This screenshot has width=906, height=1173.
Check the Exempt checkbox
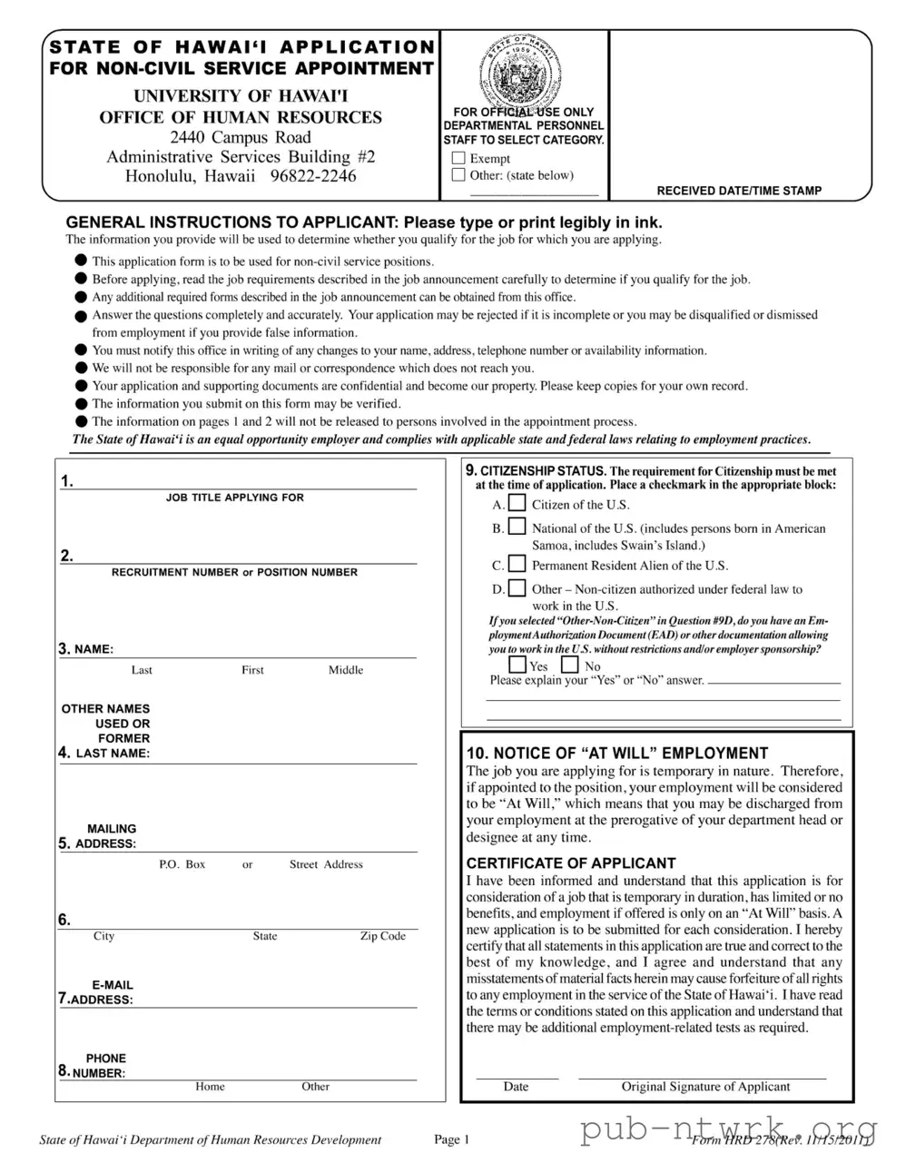[x=458, y=158]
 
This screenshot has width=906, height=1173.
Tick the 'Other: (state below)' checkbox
[x=458, y=175]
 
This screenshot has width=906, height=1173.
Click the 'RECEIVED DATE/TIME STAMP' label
[x=739, y=191]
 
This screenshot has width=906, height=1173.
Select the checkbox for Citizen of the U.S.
[x=517, y=503]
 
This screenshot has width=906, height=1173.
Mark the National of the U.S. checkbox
[x=517, y=527]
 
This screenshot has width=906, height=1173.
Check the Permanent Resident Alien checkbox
[x=517, y=564]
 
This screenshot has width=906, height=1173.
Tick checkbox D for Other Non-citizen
[x=517, y=587]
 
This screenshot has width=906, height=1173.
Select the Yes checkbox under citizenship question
[x=517, y=665]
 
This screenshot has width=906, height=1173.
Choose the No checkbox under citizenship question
[x=570, y=665]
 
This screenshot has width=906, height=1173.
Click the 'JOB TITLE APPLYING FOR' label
[x=234, y=498]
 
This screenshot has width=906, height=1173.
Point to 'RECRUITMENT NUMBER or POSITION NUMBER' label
[x=234, y=572]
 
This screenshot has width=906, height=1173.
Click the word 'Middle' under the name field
[x=345, y=670]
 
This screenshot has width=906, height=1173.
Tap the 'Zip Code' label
[x=382, y=936]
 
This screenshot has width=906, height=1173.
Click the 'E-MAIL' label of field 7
[x=112, y=985]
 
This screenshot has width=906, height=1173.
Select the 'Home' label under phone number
[x=210, y=1087]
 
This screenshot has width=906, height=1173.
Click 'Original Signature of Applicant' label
[x=704, y=1087]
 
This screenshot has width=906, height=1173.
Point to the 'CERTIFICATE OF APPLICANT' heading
[x=570, y=863]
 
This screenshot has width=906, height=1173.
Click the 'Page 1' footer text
[x=451, y=1140]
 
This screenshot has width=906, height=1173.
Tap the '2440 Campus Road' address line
[x=241, y=137]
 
